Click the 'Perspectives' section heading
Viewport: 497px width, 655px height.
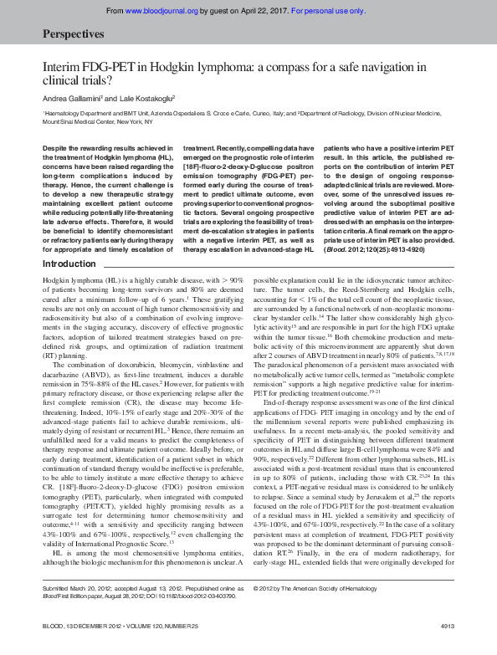coord(73,34)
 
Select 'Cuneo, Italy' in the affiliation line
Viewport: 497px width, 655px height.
coord(264,112)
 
